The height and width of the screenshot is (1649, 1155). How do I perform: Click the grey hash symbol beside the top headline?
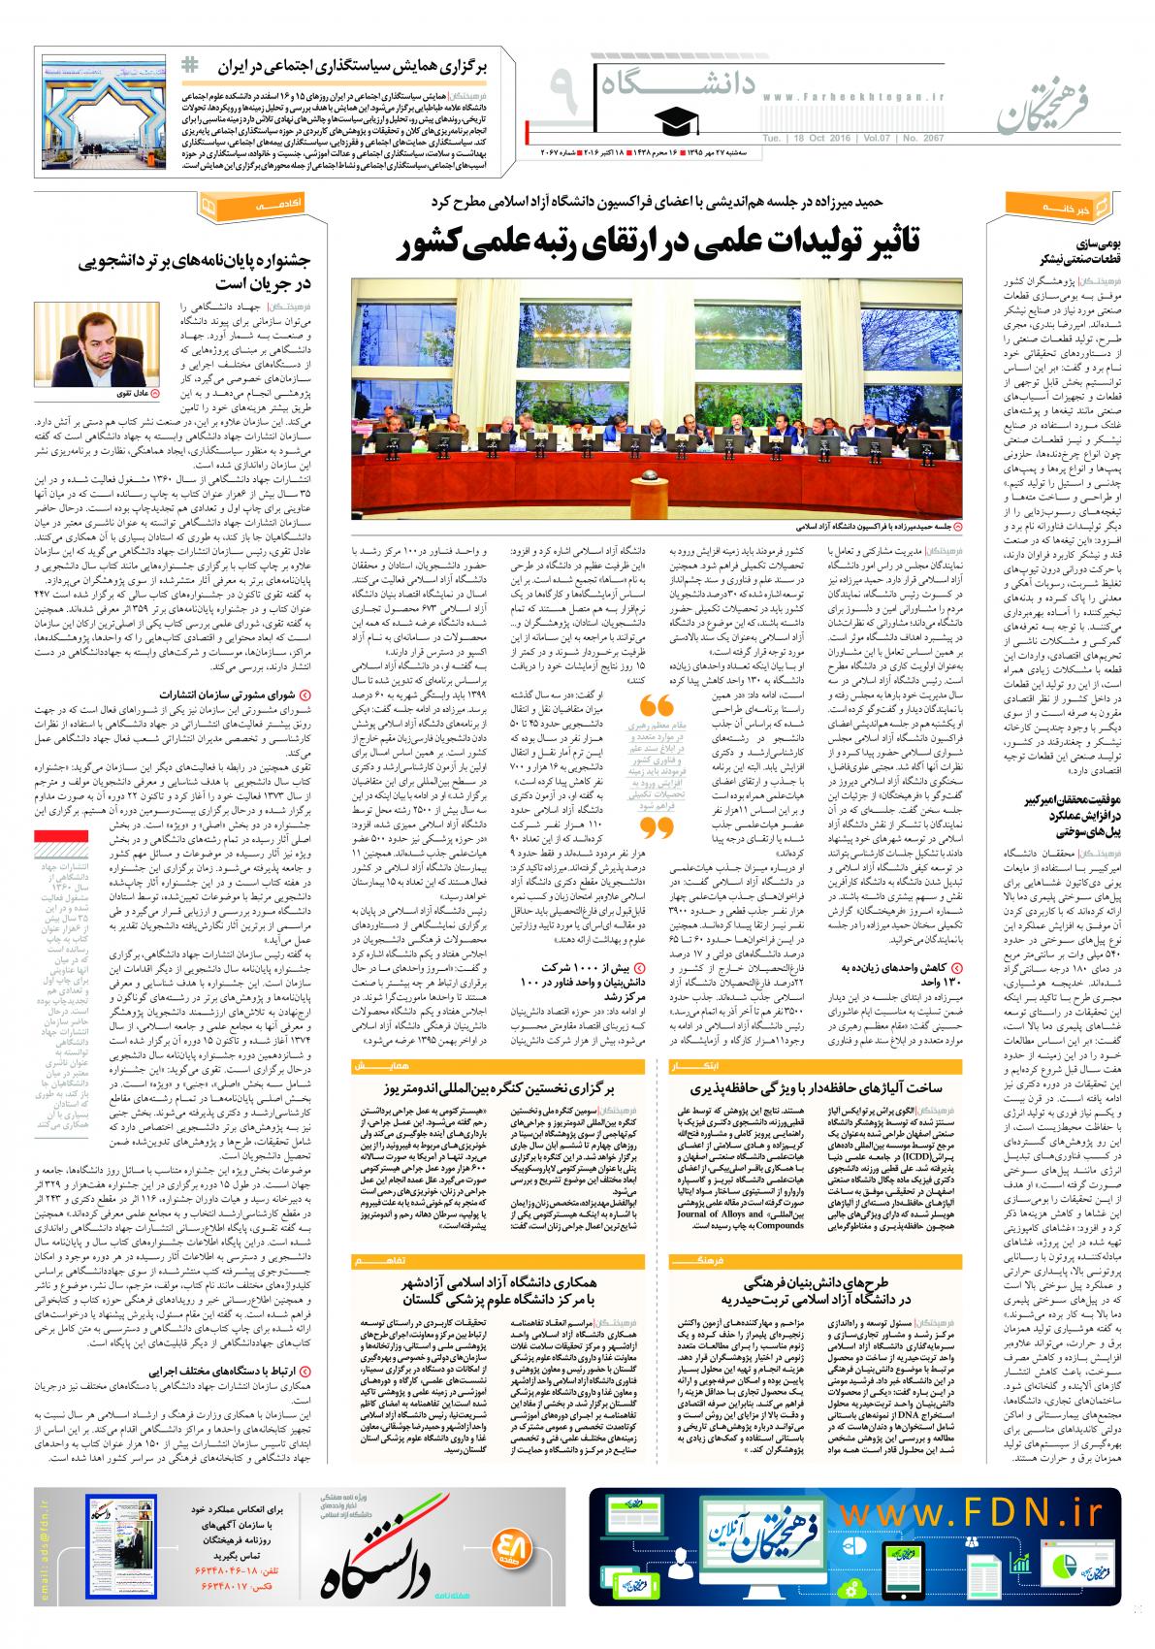pos(191,61)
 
